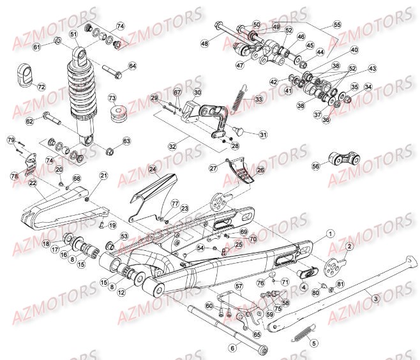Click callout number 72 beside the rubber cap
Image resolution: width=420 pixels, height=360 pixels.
(x=41, y=87)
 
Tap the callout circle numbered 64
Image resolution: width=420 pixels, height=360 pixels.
(x=132, y=66)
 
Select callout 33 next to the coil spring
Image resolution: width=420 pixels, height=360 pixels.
(x=258, y=99)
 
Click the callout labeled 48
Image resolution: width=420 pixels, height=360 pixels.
(x=204, y=44)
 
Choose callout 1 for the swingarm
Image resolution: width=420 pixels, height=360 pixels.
(x=330, y=234)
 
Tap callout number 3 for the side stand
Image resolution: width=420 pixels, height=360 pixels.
(x=376, y=298)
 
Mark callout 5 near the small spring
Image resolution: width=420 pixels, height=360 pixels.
(x=313, y=343)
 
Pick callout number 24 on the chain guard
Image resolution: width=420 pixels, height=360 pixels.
(x=153, y=170)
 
